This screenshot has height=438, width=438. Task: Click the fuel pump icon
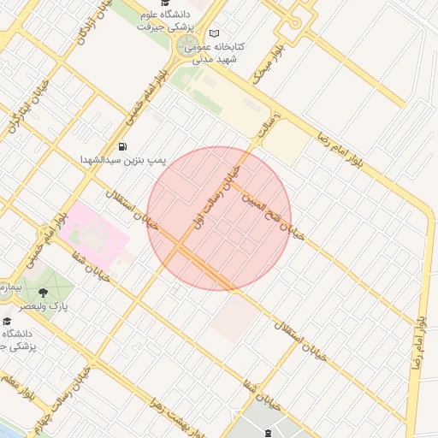124,145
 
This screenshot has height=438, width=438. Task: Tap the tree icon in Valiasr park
43,293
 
